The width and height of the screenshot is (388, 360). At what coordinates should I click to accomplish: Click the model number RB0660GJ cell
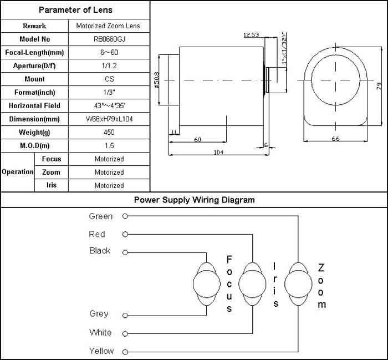[109, 39]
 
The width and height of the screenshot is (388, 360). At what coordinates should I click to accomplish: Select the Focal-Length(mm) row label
[34, 53]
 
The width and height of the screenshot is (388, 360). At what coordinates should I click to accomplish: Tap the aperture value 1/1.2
[109, 66]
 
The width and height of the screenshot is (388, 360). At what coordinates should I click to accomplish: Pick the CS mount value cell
[109, 79]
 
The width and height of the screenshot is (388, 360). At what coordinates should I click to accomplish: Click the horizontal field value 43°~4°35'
[109, 106]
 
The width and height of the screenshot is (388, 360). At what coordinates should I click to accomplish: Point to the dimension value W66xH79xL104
[109, 119]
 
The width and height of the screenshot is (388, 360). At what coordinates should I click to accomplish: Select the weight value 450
[109, 133]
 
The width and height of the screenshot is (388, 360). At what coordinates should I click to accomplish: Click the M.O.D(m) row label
[34, 146]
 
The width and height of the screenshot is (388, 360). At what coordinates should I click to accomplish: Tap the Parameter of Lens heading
[75, 10]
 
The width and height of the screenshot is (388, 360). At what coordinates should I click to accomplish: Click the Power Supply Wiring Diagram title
[194, 200]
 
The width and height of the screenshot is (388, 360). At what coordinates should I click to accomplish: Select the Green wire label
[101, 216]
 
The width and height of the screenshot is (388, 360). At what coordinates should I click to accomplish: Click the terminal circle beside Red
[126, 234]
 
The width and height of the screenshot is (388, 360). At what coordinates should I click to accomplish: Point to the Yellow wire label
[101, 351]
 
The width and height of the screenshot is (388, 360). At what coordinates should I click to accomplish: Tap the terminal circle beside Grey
[126, 315]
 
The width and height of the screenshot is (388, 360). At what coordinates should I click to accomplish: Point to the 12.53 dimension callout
[251, 35]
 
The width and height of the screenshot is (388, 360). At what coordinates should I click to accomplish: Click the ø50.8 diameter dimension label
[157, 80]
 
